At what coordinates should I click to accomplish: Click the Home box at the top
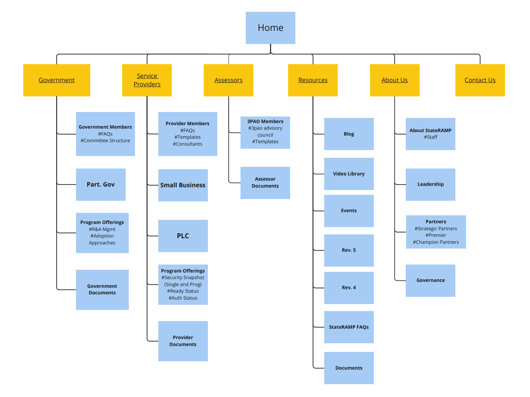(270, 28)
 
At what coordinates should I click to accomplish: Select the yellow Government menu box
(57, 80)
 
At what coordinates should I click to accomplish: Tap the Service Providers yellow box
(147, 80)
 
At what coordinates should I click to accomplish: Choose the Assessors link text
(228, 80)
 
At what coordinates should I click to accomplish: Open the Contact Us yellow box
(480, 80)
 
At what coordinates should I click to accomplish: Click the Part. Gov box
(101, 184)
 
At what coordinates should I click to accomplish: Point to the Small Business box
(183, 185)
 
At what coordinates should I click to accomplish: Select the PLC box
(183, 236)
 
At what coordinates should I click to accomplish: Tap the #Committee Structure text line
(105, 140)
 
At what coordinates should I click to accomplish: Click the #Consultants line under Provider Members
(187, 144)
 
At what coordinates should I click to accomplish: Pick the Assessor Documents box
(265, 183)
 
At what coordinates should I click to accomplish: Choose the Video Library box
(349, 174)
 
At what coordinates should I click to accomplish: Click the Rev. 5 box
(349, 250)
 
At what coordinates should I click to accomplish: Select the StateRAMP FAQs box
(349, 327)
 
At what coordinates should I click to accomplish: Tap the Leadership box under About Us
(430, 184)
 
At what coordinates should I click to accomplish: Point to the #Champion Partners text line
(436, 242)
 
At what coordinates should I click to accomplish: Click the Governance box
(430, 281)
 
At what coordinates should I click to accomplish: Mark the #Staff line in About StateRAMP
(430, 137)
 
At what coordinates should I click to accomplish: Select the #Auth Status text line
(183, 298)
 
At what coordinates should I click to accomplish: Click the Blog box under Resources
(349, 134)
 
